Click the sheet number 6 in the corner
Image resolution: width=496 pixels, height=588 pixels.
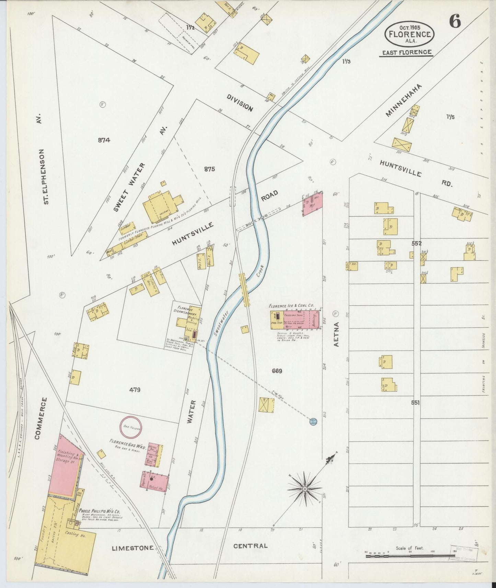455,22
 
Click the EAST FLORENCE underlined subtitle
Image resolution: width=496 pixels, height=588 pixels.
407,52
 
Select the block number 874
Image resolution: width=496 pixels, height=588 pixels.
104,140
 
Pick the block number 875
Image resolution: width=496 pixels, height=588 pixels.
209,169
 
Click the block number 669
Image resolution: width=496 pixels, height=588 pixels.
277,371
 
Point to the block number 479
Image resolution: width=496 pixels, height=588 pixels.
135,390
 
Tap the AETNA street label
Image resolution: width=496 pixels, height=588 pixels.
336,334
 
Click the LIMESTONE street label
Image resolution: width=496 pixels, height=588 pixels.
133,548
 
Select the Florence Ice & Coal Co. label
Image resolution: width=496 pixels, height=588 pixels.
291,305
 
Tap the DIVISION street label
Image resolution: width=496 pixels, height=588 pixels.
240,103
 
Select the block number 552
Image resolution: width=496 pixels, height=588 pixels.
417,243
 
